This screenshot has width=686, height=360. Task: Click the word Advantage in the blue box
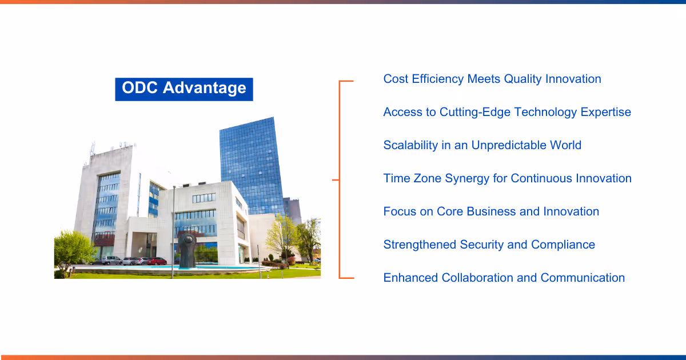point(204,89)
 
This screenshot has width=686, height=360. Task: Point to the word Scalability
point(410,145)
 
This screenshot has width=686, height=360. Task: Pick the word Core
point(450,211)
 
